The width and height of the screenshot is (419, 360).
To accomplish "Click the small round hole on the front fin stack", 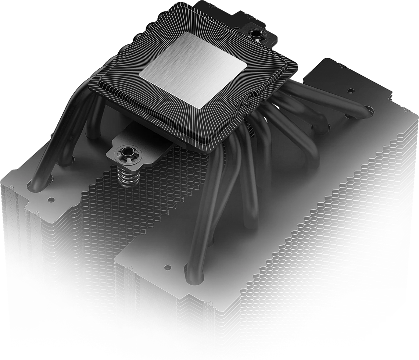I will click(168, 266).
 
